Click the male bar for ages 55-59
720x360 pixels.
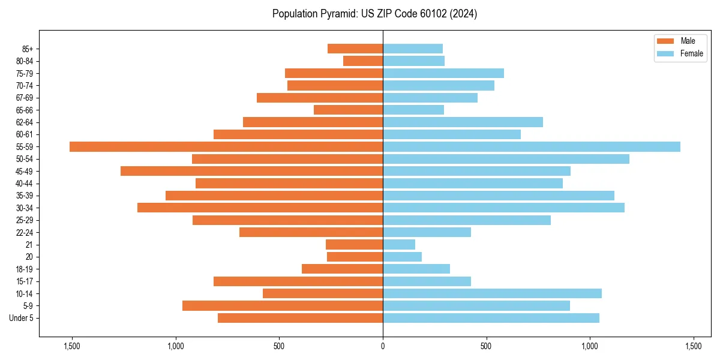[x=226, y=147]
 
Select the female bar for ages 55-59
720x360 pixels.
[x=532, y=147]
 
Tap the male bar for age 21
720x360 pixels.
[x=354, y=245]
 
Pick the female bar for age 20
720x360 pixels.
[x=402, y=257]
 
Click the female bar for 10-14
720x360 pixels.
[x=492, y=293]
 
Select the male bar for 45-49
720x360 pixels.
[x=251, y=171]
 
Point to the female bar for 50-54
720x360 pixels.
[x=506, y=159]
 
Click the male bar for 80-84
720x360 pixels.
[x=363, y=61]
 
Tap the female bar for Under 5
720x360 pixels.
[x=491, y=318]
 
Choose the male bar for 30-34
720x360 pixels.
[x=260, y=208]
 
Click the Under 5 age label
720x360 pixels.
[x=21, y=318]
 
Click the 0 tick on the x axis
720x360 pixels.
[x=383, y=346]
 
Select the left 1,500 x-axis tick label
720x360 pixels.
[x=71, y=346]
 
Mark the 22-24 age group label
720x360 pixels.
[x=24, y=233]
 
